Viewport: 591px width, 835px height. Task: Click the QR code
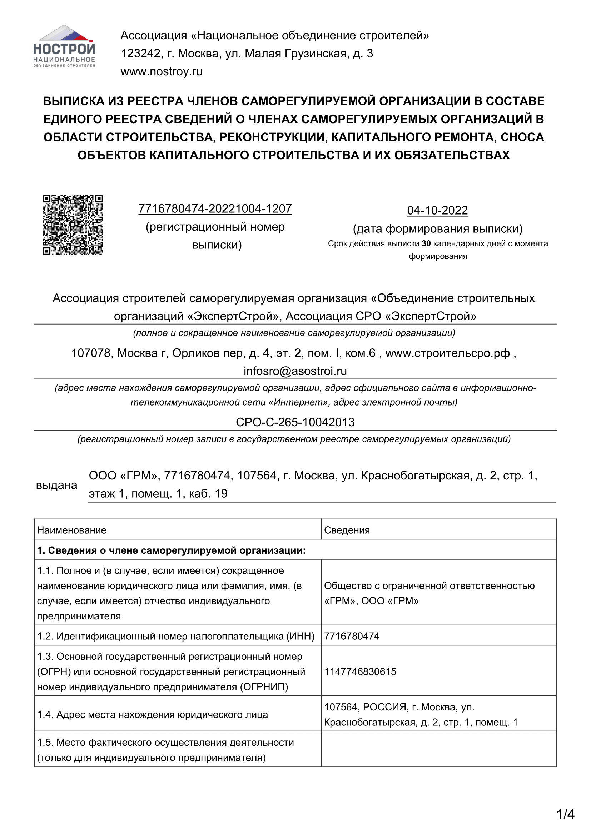(x=73, y=225)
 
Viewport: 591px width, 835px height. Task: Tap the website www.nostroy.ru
(x=161, y=72)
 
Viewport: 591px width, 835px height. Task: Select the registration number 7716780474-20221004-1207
(x=215, y=209)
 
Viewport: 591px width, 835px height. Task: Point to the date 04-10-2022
(x=437, y=211)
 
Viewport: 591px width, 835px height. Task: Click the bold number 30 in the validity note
(x=426, y=244)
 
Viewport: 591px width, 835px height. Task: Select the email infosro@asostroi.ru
(x=295, y=371)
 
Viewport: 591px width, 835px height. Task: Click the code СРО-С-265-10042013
(x=295, y=422)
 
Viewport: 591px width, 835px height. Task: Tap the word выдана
(x=56, y=485)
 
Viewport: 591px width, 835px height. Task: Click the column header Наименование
(x=72, y=530)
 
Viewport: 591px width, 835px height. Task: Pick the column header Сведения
(x=347, y=530)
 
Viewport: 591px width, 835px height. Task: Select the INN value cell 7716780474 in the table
(x=352, y=636)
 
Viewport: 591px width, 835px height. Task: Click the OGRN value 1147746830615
(x=360, y=671)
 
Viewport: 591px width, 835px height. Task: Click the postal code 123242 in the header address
(x=140, y=54)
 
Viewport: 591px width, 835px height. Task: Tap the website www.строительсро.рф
(x=447, y=353)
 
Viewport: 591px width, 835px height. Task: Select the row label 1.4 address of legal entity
(x=153, y=715)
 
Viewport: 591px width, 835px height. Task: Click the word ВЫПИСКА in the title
(x=73, y=101)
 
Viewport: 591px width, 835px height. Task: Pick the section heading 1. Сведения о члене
(x=171, y=550)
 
